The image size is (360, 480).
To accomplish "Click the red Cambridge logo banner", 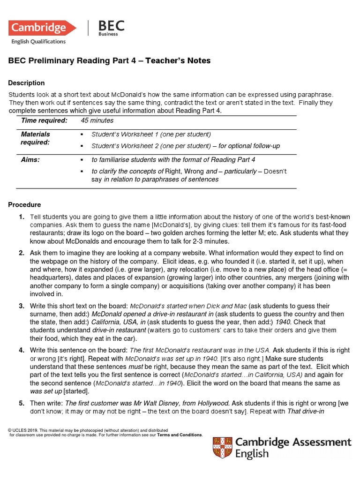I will (42, 28).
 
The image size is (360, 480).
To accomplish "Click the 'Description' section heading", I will (27, 83).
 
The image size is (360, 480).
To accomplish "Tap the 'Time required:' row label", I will (44, 120).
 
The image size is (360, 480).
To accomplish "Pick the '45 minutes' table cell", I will (97, 120).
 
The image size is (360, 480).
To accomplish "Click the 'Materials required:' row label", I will (36, 138).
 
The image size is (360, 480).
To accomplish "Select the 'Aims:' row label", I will (30, 159).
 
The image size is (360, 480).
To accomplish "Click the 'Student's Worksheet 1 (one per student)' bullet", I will (151, 134).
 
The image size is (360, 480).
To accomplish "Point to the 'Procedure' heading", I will (25, 205).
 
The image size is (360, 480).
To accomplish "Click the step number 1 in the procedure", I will (22, 217).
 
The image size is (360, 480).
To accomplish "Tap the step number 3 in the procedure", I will (22, 306).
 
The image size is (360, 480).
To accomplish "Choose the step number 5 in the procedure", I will (22, 403).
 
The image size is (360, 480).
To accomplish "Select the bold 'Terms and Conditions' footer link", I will (180, 435).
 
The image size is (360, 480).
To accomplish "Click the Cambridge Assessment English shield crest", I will (222, 448).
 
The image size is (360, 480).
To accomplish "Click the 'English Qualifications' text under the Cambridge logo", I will (38, 42).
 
